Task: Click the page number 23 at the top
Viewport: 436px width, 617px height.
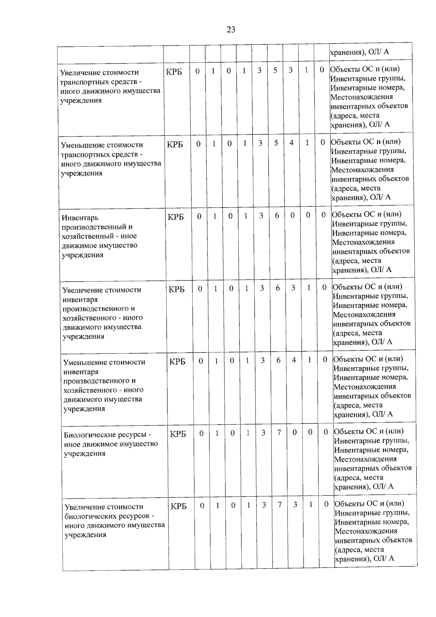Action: point(231,30)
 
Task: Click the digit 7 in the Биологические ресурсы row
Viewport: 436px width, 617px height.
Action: point(279,433)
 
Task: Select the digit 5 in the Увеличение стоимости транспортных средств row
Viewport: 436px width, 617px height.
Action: point(275,71)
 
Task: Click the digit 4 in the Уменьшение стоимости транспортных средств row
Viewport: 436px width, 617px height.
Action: point(291,143)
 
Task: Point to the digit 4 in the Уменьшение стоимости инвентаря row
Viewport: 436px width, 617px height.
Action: point(294,360)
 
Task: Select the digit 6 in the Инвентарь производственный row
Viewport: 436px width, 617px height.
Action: point(277,216)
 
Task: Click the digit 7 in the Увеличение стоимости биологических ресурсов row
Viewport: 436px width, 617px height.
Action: point(280,505)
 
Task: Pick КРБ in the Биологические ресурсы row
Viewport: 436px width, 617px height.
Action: point(178,434)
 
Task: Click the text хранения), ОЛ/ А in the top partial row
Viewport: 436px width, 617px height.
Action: point(359,52)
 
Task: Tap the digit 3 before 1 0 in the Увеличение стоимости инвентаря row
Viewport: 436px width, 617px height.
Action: point(293,288)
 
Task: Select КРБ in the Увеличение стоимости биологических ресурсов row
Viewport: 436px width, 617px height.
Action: point(178,506)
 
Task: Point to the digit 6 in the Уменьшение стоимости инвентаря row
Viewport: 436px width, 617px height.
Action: point(278,360)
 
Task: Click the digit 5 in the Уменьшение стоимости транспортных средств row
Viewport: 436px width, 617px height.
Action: point(276,143)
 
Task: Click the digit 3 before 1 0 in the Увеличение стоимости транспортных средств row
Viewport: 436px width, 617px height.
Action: point(291,71)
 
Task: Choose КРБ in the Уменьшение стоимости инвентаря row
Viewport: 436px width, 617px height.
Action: point(177,362)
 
